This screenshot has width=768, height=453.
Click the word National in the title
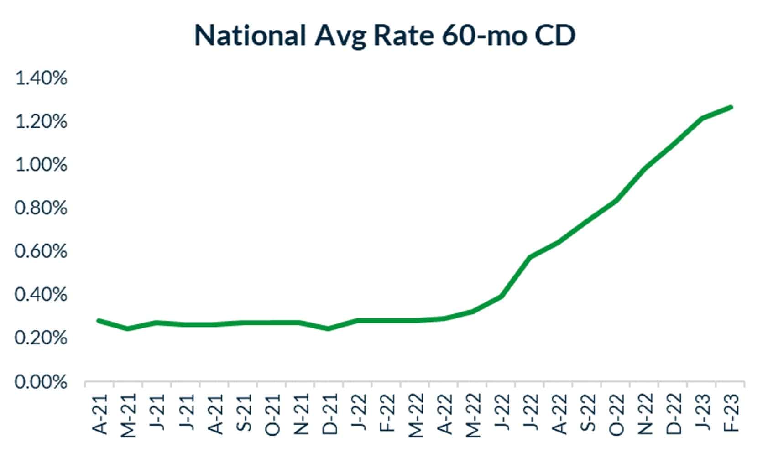click(x=250, y=35)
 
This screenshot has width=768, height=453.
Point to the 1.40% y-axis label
click(x=41, y=78)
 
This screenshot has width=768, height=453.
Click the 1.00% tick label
click(x=41, y=165)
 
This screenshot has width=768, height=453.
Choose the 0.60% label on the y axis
click(x=41, y=251)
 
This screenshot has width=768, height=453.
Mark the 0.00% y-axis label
click(x=41, y=382)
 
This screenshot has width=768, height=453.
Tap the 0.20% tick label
click(x=41, y=338)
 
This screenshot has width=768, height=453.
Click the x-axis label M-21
click(x=130, y=414)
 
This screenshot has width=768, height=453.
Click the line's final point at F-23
click(x=731, y=107)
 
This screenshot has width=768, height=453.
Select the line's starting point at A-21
click(x=99, y=320)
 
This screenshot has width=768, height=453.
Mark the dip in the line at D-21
click(x=329, y=328)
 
